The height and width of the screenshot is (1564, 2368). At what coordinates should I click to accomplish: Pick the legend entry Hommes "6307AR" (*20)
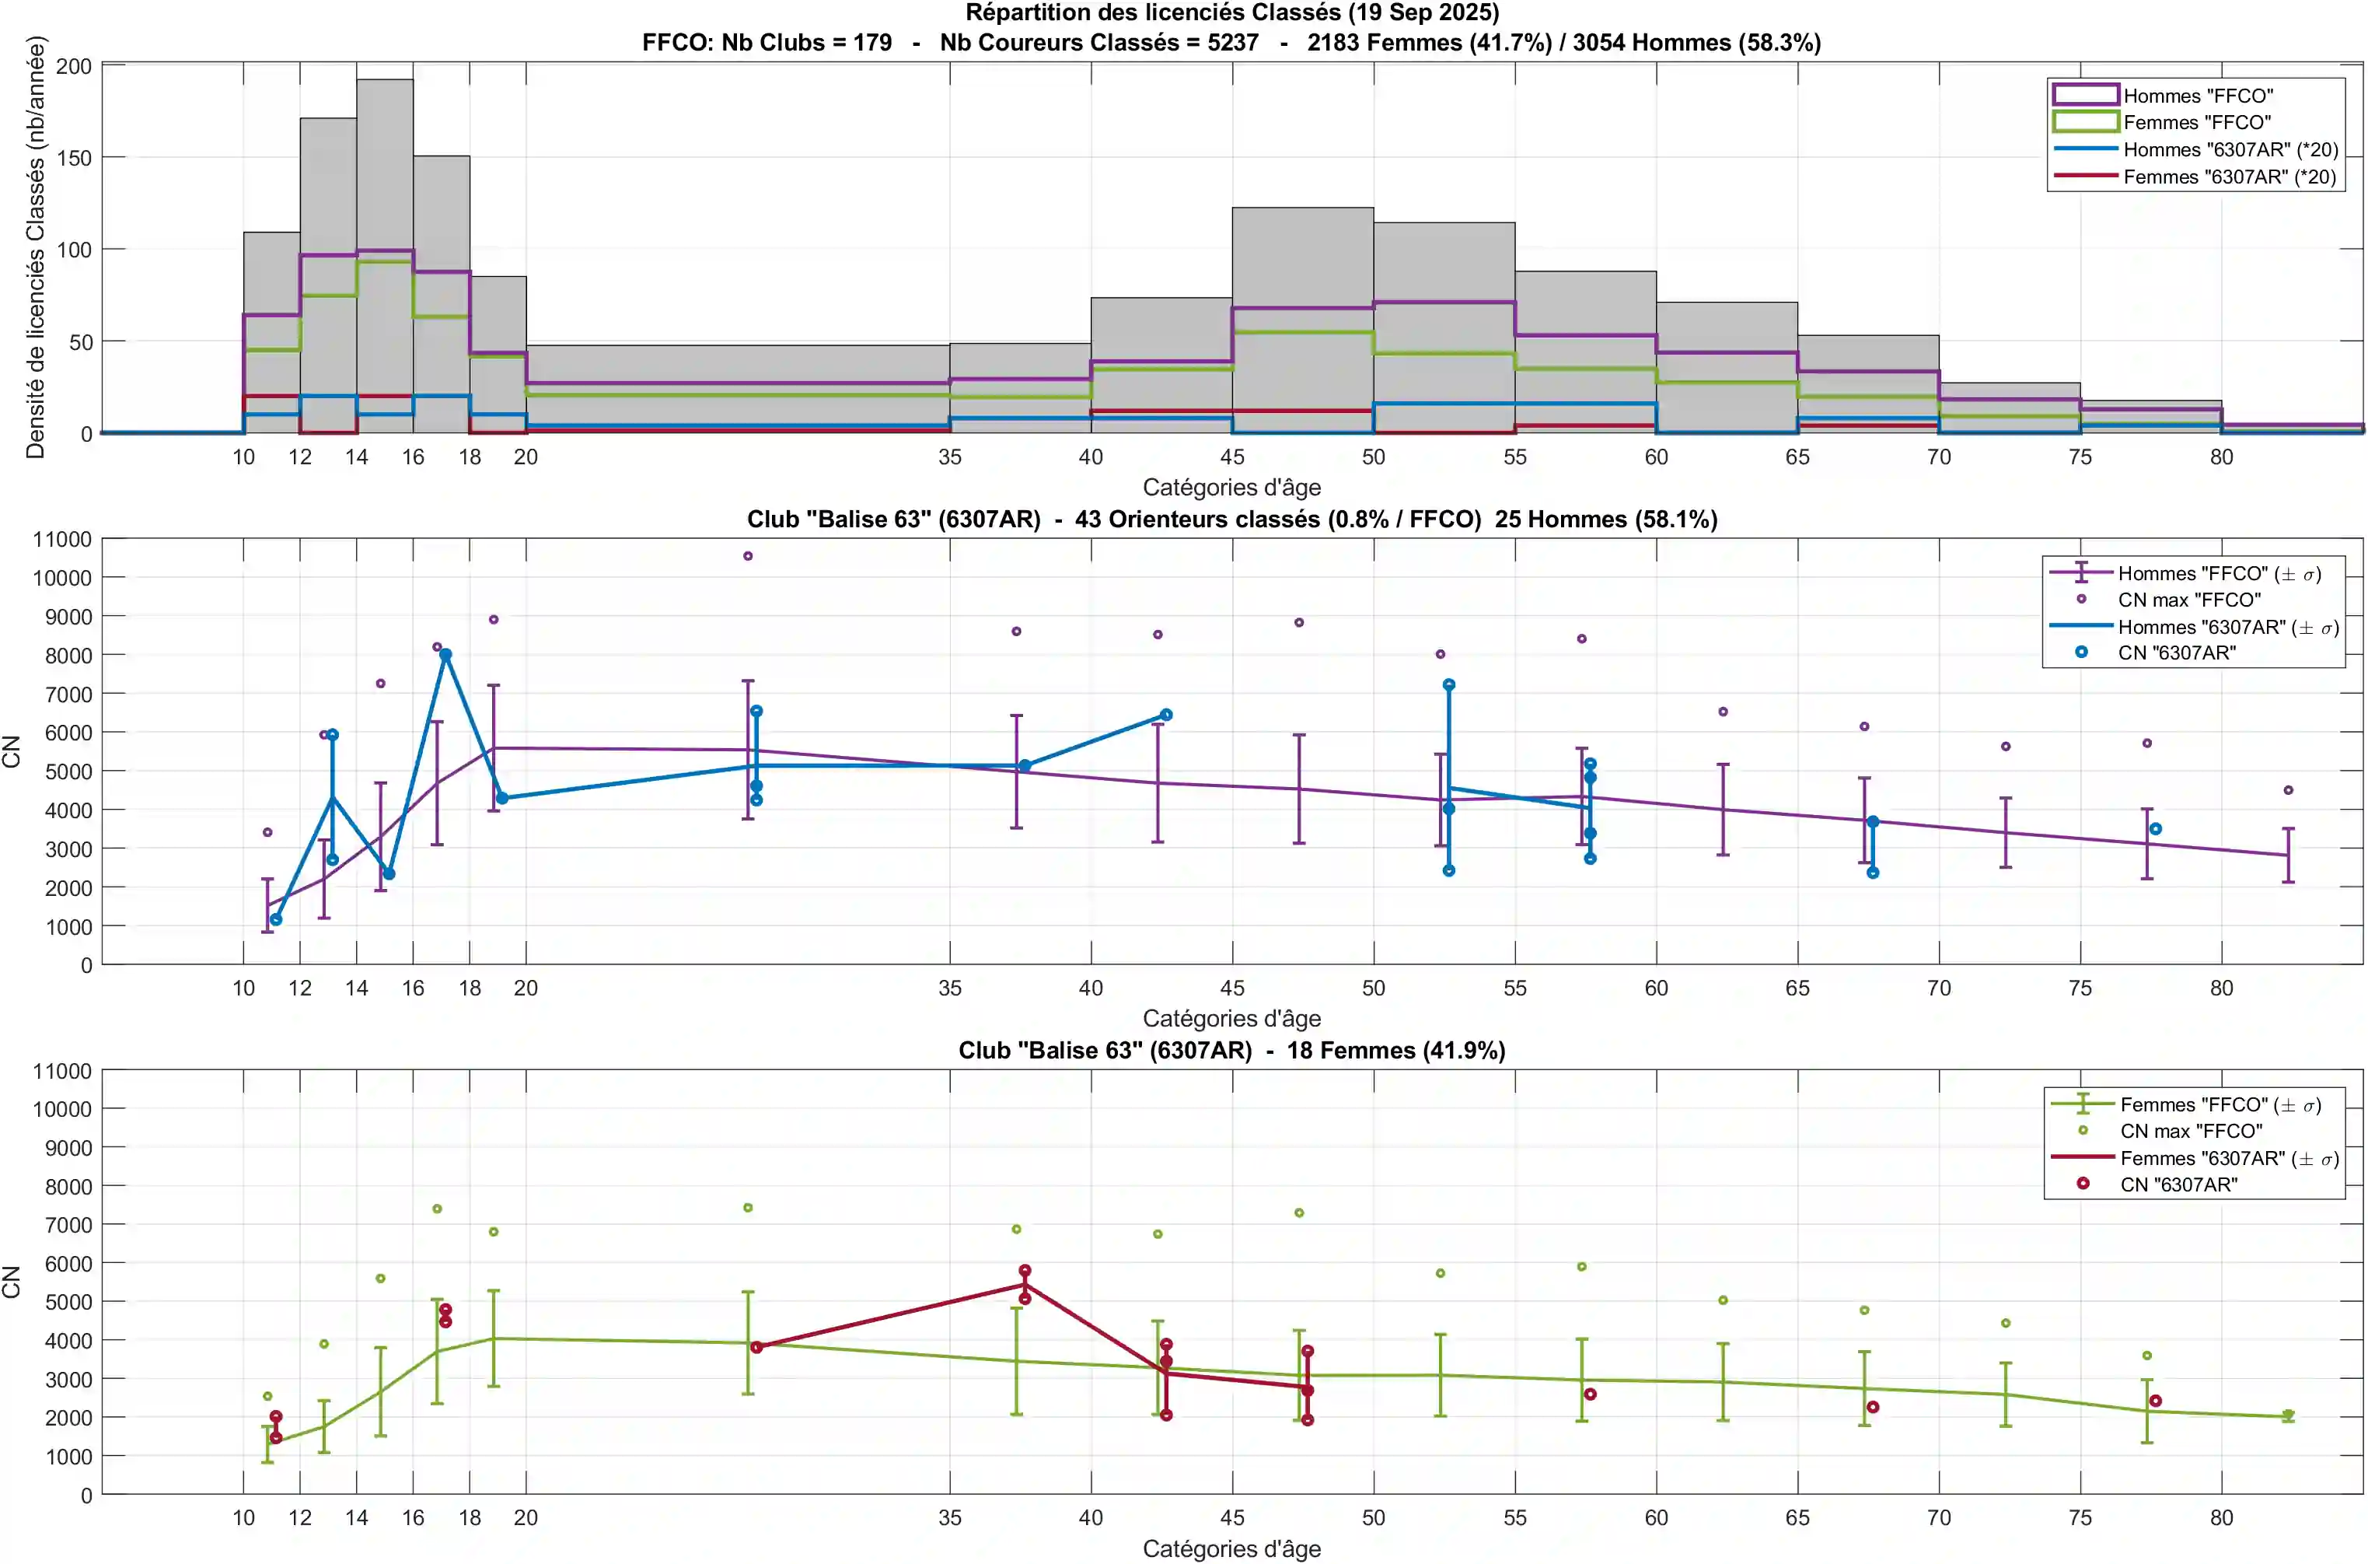pyautogui.click(x=2230, y=149)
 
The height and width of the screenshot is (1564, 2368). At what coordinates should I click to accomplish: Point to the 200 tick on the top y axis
pyautogui.click(x=74, y=67)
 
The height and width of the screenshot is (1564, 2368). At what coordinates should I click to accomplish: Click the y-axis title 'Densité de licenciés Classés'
pyautogui.click(x=36, y=247)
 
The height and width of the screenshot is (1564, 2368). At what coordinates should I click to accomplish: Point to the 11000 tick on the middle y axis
pyautogui.click(x=62, y=540)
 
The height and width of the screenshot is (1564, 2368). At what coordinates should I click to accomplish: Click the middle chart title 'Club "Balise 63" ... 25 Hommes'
pyautogui.click(x=1231, y=520)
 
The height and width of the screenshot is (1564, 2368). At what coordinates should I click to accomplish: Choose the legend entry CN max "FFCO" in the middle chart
pyautogui.click(x=2188, y=600)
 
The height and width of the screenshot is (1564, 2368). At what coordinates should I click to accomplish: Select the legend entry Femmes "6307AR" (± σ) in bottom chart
pyautogui.click(x=2228, y=1159)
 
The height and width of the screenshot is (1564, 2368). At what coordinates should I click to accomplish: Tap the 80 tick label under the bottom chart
pyautogui.click(x=2220, y=1518)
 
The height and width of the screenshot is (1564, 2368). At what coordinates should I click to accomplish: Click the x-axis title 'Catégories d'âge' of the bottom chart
pyautogui.click(x=1231, y=1549)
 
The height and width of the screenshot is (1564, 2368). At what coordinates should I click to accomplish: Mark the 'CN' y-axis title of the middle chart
pyautogui.click(x=12, y=751)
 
